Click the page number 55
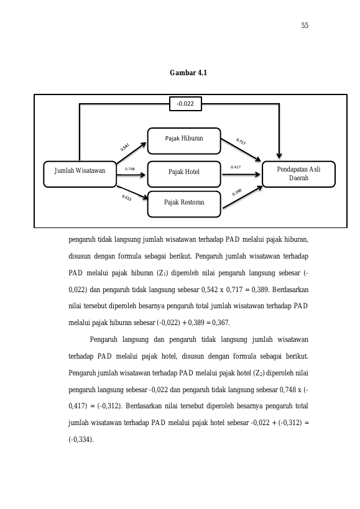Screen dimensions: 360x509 (x=305, y=25)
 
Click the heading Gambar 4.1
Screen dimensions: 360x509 (x=188, y=73)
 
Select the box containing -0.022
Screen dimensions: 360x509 (x=185, y=104)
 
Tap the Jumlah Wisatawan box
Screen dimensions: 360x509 (x=80, y=174)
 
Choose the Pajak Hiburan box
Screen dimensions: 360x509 (x=184, y=141)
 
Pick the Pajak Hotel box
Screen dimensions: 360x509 (x=184, y=174)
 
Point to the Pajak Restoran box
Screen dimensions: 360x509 (x=184, y=204)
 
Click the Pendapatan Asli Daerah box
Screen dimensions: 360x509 (x=298, y=174)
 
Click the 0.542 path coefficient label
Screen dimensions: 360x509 (x=124, y=147)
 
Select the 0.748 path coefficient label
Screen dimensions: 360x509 (x=130, y=169)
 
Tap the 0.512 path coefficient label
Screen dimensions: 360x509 (x=127, y=198)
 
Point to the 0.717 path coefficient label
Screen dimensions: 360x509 (x=241, y=142)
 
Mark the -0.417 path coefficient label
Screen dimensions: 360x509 (x=236, y=167)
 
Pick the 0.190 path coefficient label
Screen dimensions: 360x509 (x=237, y=193)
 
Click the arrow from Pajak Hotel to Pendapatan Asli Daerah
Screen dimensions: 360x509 (x=241, y=174)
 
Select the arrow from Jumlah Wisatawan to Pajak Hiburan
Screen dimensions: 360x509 (x=131, y=153)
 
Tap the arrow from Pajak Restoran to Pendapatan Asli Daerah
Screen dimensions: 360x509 (x=242, y=197)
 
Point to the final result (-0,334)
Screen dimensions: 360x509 (x=81, y=439)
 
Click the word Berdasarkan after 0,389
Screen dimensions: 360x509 (x=290, y=290)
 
